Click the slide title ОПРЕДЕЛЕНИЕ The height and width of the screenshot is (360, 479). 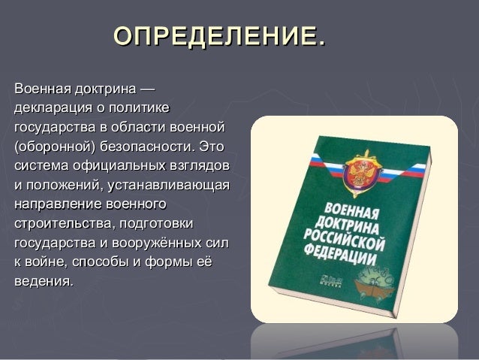point(218,35)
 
